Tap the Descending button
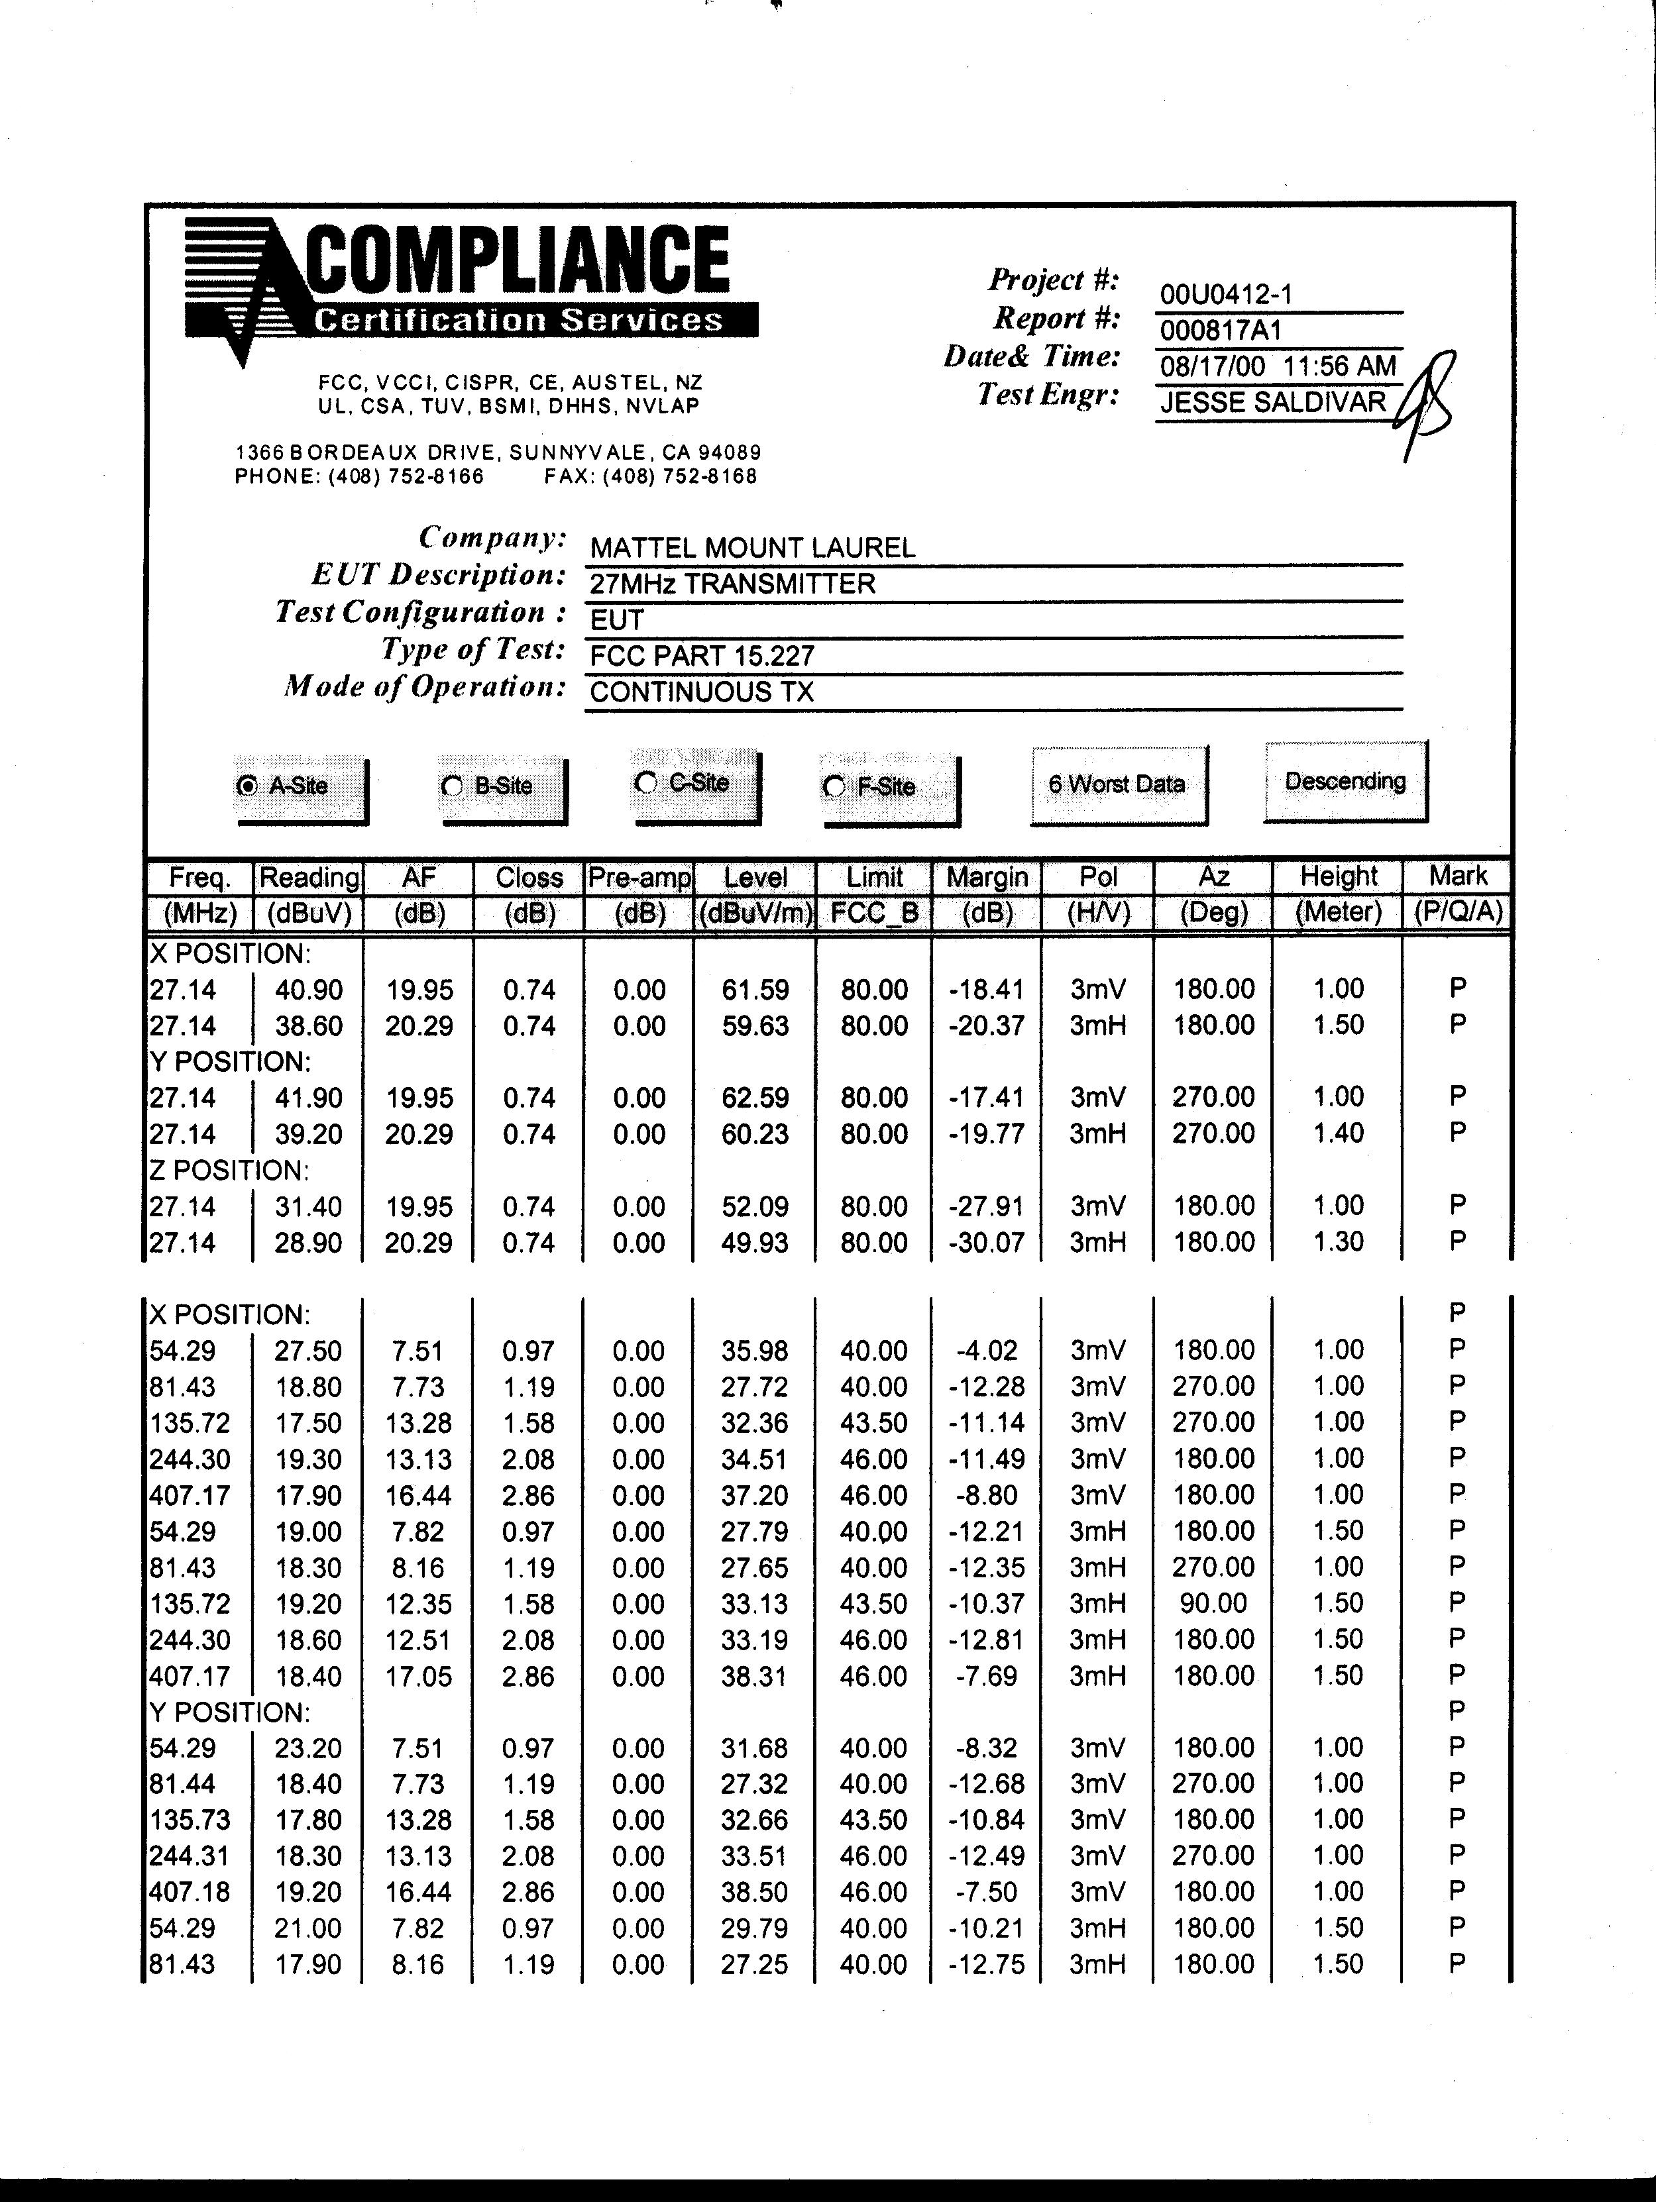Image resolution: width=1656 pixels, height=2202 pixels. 1345,782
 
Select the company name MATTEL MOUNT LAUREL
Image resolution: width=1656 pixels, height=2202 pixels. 752,547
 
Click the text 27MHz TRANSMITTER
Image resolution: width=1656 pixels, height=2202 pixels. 732,584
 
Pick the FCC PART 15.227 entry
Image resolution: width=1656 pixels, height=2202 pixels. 702,655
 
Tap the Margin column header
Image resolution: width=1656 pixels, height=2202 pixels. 987,877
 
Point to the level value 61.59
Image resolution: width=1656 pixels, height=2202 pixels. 755,990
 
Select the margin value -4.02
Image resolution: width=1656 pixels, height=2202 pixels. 986,1351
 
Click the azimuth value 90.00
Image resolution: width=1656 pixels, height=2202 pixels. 1213,1604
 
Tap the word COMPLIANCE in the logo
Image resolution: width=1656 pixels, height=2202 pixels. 518,259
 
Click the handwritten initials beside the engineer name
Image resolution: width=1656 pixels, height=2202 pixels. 1426,403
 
